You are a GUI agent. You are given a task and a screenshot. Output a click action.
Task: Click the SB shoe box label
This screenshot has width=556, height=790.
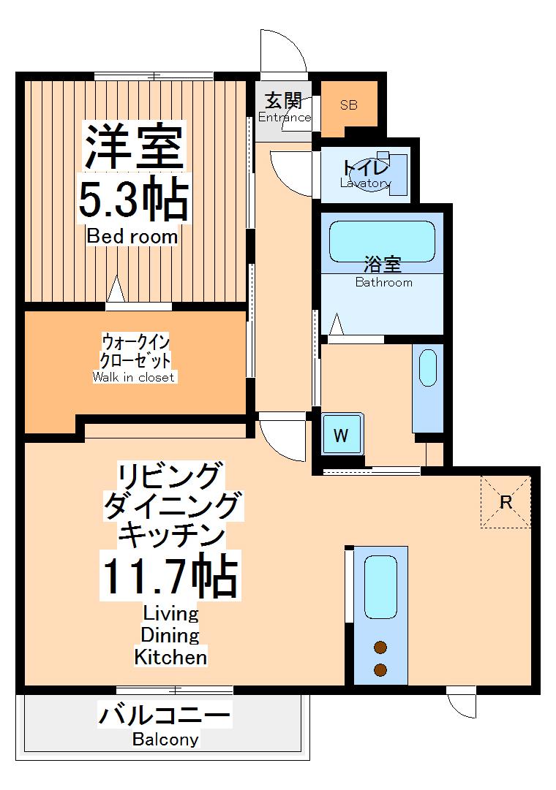pos(348,105)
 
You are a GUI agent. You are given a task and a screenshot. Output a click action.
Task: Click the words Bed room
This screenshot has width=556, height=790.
pos(132,237)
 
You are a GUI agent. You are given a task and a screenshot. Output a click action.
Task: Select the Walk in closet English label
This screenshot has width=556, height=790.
pos(134,377)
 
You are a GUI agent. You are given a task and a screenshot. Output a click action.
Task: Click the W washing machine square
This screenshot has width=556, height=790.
pos(341,436)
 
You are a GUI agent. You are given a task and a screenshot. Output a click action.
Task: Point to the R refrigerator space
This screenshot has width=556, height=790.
pos(506,502)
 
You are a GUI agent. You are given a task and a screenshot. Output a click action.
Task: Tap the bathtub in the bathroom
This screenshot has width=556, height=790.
pos(382,240)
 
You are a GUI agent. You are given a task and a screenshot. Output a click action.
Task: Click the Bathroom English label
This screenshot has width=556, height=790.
pos(383,283)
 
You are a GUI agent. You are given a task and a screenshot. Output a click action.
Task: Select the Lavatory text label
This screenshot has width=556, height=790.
pos(365,183)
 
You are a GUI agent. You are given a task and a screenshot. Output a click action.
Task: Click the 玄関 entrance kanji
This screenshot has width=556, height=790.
pos(283,101)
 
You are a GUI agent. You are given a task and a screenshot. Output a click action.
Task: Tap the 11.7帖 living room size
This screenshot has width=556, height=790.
pos(170,578)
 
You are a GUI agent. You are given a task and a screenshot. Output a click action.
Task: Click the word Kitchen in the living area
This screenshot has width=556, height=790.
pos(170,656)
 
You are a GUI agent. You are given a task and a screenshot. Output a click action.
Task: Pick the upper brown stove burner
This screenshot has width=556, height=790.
pos(380,646)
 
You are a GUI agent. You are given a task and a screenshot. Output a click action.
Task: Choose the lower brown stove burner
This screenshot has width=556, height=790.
pos(380,669)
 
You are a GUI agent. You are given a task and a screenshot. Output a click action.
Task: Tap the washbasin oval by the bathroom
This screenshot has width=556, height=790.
pos(428,368)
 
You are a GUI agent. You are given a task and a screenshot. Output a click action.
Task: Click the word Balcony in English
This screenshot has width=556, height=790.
pos(165,740)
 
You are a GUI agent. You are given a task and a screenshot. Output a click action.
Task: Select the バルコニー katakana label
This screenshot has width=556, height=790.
pos(165,714)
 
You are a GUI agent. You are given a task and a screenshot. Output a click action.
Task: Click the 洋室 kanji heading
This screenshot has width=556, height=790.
pos(132,146)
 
